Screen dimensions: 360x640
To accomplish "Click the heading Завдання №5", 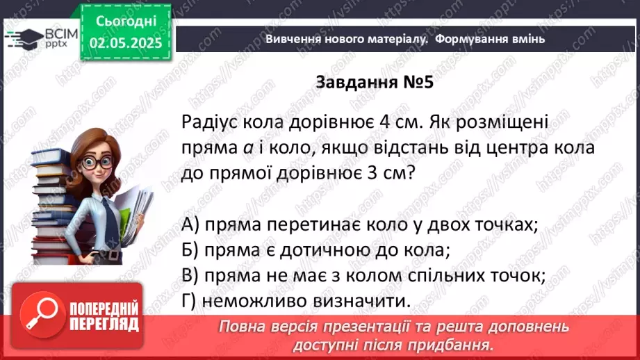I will click(375, 83).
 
